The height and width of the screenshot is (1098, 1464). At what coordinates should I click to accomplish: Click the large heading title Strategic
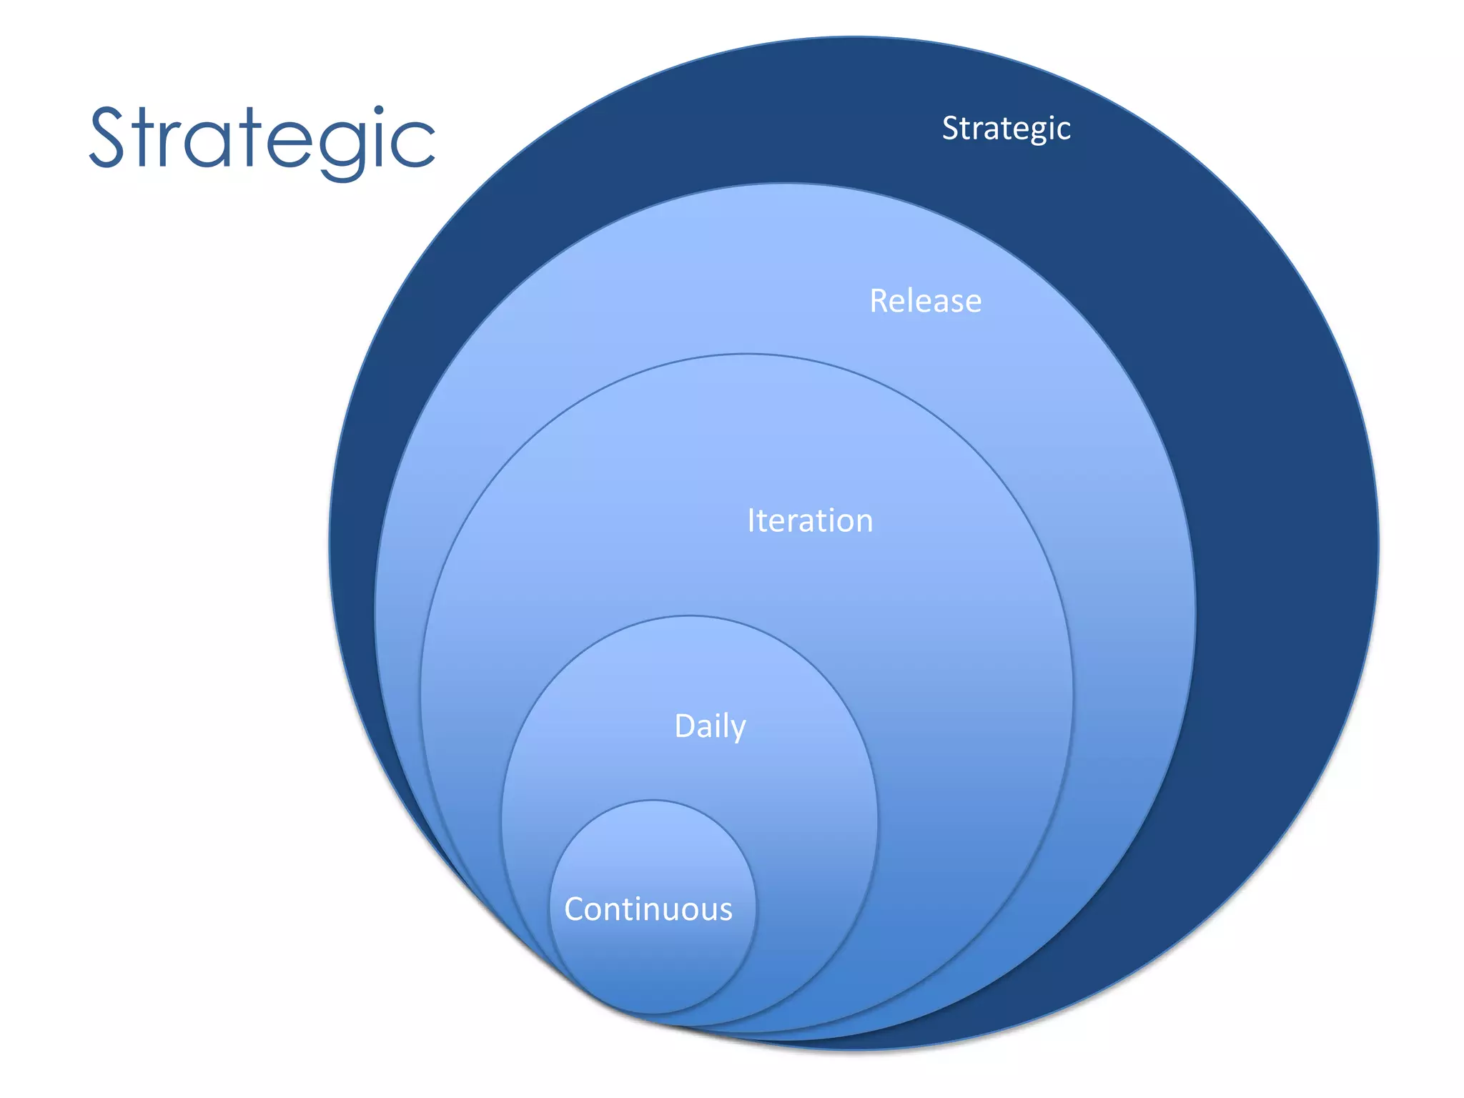(262, 139)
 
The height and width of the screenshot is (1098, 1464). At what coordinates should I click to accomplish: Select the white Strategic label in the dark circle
(1006, 129)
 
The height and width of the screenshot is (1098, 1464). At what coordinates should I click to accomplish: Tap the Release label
(925, 301)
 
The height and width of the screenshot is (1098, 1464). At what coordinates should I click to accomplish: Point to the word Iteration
(810, 520)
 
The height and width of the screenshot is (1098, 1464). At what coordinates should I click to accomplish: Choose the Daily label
(710, 726)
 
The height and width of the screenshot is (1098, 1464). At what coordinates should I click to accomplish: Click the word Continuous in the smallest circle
(648, 909)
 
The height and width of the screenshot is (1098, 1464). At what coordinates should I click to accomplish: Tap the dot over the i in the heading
(379, 112)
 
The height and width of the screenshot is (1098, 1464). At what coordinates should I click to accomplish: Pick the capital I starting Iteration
(751, 520)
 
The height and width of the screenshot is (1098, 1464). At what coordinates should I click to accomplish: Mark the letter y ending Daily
(738, 731)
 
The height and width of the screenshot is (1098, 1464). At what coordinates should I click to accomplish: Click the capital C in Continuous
(576, 909)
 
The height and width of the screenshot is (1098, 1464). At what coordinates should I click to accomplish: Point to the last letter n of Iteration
(864, 522)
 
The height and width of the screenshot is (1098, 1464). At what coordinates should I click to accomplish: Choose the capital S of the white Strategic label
(951, 129)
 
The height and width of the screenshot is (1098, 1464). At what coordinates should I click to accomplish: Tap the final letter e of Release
(973, 302)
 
